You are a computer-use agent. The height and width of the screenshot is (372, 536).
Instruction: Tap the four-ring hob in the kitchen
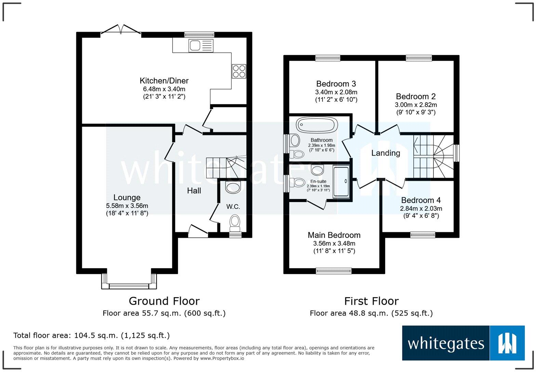(239, 71)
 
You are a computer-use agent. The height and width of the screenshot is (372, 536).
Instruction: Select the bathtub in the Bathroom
(317, 125)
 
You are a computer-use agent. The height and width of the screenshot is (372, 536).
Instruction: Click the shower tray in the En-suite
(341, 182)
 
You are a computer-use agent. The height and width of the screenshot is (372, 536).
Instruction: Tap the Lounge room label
(127, 197)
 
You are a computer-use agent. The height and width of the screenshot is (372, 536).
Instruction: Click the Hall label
(194, 191)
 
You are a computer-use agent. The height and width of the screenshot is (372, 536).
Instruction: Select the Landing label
(386, 153)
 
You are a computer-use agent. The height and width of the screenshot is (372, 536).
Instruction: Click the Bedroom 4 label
(421, 200)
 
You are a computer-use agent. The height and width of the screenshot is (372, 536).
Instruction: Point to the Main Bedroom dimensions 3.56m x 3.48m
(334, 243)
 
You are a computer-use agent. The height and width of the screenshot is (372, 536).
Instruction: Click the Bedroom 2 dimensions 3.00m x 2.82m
(416, 105)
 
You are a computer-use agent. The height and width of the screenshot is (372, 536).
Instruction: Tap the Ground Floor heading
(164, 301)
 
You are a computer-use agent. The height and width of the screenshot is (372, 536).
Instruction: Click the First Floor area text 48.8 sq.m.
(371, 313)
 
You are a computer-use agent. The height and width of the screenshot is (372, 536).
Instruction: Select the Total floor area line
(91, 335)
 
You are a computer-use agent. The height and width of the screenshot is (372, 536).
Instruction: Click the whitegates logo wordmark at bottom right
(446, 343)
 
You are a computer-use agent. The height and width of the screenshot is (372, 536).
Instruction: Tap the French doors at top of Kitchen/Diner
(121, 31)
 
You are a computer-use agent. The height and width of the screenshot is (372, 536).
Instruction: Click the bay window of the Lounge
(129, 285)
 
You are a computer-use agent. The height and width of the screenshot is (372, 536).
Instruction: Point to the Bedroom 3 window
(327, 58)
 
